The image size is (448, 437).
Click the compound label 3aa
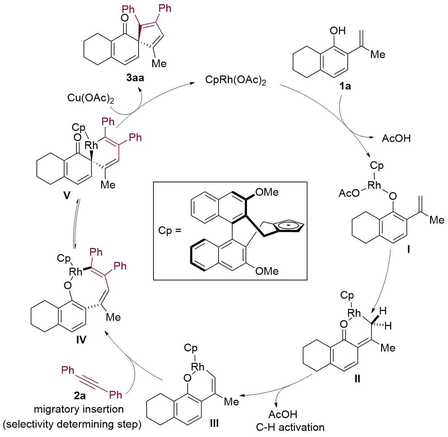click(x=135, y=78)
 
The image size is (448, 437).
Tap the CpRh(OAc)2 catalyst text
click(x=236, y=80)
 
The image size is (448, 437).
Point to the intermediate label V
click(x=67, y=195)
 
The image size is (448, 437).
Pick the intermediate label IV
click(x=81, y=340)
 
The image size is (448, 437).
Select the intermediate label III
click(x=214, y=423)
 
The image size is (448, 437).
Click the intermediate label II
click(x=357, y=379)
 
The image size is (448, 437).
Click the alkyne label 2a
click(x=80, y=396)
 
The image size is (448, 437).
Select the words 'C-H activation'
click(x=290, y=427)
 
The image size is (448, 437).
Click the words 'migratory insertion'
click(x=79, y=409)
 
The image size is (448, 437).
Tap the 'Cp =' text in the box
click(x=170, y=230)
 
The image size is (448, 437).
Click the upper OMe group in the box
click(x=267, y=192)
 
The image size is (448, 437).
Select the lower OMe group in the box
click(x=267, y=271)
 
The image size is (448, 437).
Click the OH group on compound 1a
click(x=338, y=31)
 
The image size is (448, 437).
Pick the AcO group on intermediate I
click(x=349, y=193)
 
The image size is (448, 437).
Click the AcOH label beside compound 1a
click(x=396, y=138)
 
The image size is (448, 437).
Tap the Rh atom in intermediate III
click(x=198, y=367)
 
